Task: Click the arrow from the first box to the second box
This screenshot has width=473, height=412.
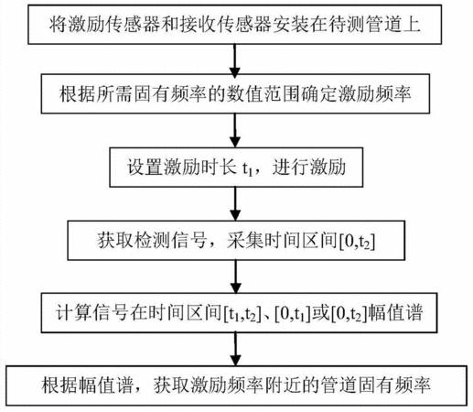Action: [234, 60]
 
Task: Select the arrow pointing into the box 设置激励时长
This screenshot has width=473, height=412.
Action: [234, 131]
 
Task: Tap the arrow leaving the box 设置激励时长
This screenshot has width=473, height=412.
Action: [235, 203]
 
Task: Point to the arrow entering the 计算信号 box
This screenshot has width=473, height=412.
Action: [236, 276]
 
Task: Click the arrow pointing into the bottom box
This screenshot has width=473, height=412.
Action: [236, 349]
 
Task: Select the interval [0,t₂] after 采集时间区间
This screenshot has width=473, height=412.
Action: [357, 242]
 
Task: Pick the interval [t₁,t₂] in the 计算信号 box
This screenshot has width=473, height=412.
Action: [242, 314]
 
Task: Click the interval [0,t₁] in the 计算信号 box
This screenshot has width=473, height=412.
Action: [293, 314]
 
